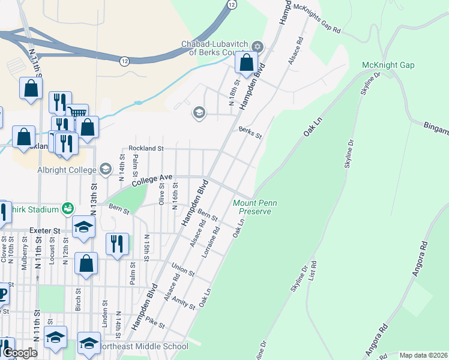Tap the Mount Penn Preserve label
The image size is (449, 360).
pyautogui.click(x=255, y=207)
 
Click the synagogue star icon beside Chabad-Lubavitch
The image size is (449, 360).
pyautogui.click(x=258, y=47)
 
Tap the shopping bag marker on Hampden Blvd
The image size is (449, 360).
pyautogui.click(x=247, y=62)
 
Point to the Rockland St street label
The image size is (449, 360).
pyautogui.click(x=146, y=148)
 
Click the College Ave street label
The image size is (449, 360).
pyautogui.click(x=152, y=179)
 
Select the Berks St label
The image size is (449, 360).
pyautogui.click(x=250, y=133)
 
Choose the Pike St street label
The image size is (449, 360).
pyautogui.click(x=154, y=323)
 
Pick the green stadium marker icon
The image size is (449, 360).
pyautogui.click(x=69, y=208)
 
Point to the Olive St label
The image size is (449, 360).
pyautogui.click(x=161, y=194)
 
